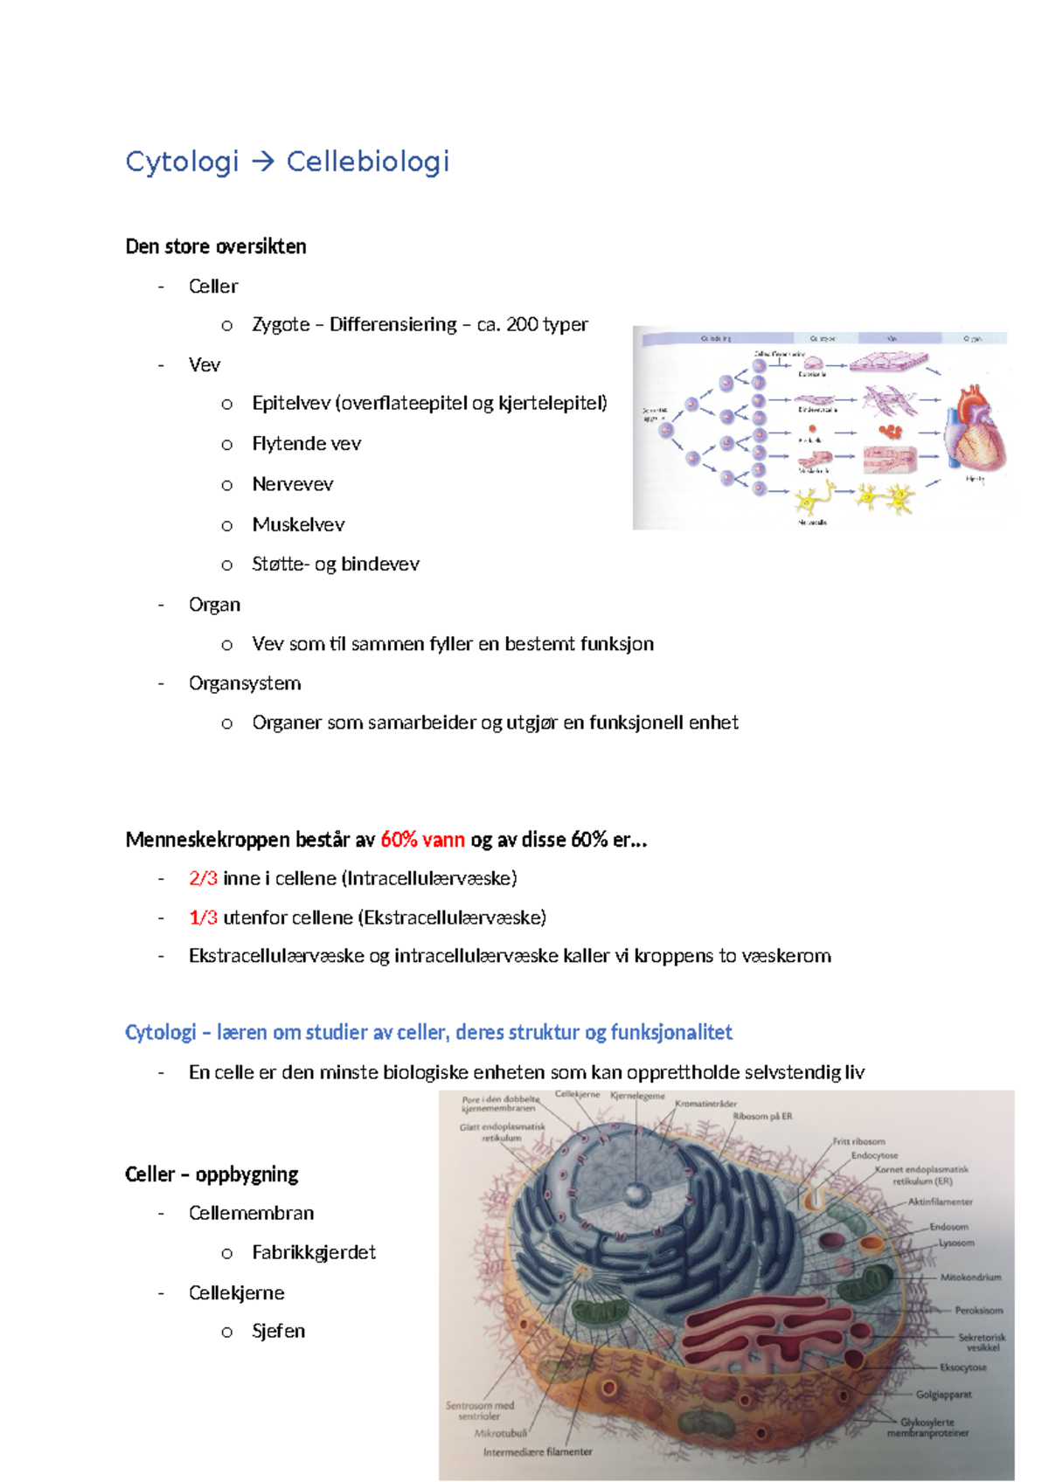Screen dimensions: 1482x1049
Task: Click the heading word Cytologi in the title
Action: coord(182,162)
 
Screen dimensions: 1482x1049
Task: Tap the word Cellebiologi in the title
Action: coord(368,162)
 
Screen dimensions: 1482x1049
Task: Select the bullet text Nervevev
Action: coord(293,484)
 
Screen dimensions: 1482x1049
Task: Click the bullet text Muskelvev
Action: coord(298,524)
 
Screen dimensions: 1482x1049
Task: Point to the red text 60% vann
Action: coord(422,840)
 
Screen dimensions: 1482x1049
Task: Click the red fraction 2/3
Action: coord(203,878)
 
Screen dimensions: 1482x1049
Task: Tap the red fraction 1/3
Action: coord(203,918)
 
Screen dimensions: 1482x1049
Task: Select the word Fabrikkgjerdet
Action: coord(314,1252)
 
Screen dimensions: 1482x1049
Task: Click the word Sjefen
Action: coord(279,1331)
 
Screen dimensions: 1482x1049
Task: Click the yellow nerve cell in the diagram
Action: coord(811,500)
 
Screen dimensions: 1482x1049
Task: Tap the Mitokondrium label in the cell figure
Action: coord(970,1278)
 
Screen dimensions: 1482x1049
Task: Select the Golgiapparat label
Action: coord(943,1395)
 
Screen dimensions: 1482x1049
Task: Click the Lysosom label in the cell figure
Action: coord(956,1243)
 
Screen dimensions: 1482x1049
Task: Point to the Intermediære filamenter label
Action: coord(538,1452)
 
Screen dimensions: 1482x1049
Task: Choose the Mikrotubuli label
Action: coord(500,1433)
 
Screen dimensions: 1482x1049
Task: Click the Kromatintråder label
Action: coord(705,1104)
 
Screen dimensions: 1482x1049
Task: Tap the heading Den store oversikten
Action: coord(216,246)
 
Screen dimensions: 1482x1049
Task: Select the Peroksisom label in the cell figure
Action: coord(978,1311)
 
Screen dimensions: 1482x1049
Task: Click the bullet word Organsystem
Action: coord(245,683)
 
